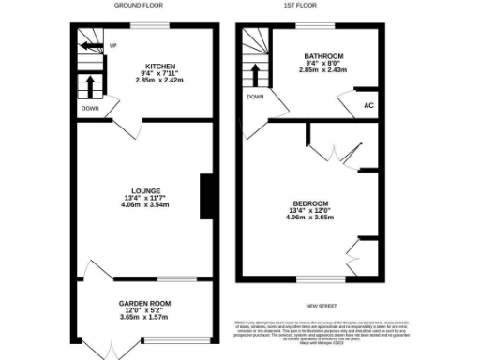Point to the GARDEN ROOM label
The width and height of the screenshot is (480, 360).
tap(143, 304)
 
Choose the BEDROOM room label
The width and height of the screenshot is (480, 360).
tap(310, 204)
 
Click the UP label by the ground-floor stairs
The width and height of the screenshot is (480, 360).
tap(112, 44)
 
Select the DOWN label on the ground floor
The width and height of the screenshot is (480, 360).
tap(89, 108)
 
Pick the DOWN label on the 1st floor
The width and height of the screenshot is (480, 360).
tap(255, 97)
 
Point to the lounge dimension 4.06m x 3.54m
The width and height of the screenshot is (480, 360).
tap(142, 205)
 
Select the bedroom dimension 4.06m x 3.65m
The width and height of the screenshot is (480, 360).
tap(310, 220)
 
